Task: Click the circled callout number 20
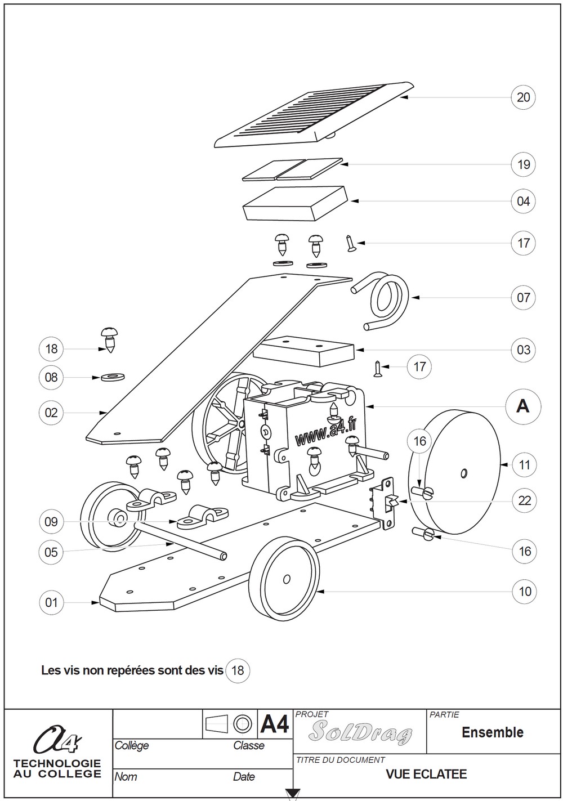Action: (523, 97)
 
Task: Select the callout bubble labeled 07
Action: (523, 297)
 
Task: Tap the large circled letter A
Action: (523, 406)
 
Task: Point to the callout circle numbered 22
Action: (524, 500)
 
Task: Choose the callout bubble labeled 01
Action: (51, 603)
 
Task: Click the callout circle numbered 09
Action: (51, 522)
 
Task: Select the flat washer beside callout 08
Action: (113, 377)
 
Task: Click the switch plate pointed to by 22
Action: (387, 503)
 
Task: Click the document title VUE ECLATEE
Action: (426, 774)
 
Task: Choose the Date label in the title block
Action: (243, 777)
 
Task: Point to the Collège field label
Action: (132, 745)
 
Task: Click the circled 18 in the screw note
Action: (238, 670)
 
